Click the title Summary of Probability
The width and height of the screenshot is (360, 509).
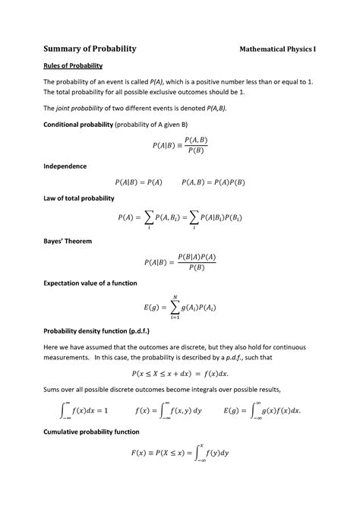[x=89, y=49]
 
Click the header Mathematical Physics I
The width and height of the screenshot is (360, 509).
[x=278, y=49]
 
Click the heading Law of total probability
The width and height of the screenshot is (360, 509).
[x=79, y=198]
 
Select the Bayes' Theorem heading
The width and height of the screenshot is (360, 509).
[x=68, y=241]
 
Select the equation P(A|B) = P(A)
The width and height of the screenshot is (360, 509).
[x=139, y=182]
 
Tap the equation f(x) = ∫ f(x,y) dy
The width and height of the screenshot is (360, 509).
[x=169, y=410]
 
